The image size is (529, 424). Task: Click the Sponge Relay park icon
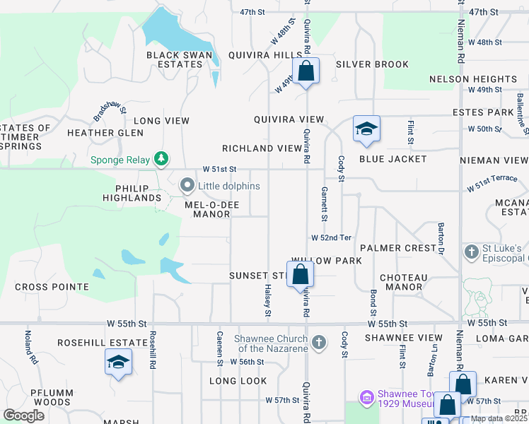click(x=162, y=159)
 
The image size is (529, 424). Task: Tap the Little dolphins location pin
click(x=187, y=186)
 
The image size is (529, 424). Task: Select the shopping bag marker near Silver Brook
click(x=306, y=71)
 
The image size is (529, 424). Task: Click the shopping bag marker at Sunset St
click(x=301, y=274)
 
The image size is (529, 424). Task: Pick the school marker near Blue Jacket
click(x=366, y=129)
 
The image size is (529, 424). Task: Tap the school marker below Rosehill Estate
click(x=118, y=364)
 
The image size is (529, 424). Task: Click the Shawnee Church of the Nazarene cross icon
click(x=319, y=343)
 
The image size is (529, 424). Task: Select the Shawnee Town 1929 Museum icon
click(x=366, y=398)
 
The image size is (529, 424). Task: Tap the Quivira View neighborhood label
click(x=289, y=120)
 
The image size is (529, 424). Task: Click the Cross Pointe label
click(x=52, y=287)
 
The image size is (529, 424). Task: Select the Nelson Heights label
click(x=472, y=79)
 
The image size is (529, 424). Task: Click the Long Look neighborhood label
click(x=238, y=381)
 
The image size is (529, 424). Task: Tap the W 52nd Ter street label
click(x=332, y=237)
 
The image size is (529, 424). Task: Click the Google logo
click(x=23, y=416)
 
